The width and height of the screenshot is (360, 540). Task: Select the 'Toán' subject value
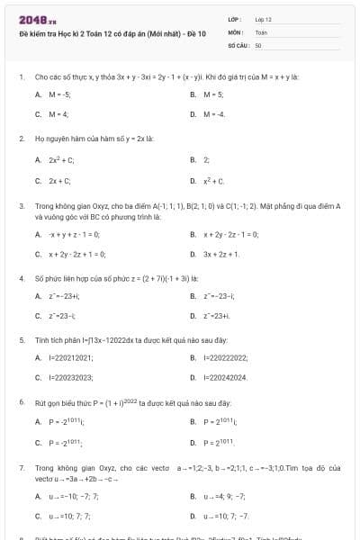coord(262,31)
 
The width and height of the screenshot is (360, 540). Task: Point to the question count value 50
coord(258,44)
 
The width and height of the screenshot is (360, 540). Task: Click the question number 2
coord(21,139)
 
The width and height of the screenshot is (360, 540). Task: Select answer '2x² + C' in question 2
coord(61,159)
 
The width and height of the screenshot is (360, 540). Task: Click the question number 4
coord(21,279)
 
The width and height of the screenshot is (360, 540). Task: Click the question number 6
coord(21,401)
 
